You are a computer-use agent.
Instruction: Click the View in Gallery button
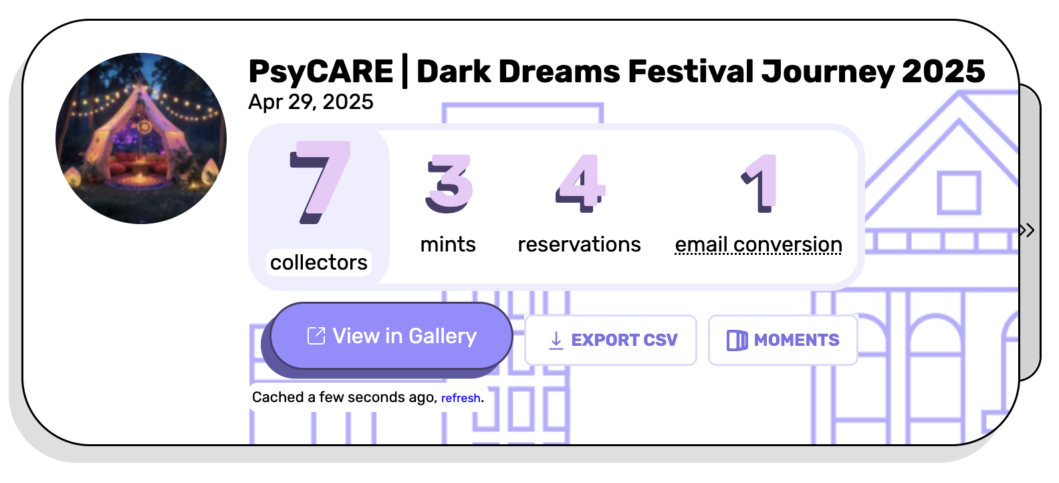click(392, 336)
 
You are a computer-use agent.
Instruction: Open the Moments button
click(783, 340)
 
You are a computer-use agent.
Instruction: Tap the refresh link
click(461, 398)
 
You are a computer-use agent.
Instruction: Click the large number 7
click(320, 182)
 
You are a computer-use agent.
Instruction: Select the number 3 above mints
click(449, 183)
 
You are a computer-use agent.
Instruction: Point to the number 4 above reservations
click(580, 183)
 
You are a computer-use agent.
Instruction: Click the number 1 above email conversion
click(759, 183)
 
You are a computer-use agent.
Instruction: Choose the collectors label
click(319, 262)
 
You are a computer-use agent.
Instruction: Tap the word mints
click(448, 244)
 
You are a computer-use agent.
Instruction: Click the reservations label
click(579, 244)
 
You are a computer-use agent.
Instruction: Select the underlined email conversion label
click(758, 245)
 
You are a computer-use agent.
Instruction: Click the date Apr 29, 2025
click(311, 102)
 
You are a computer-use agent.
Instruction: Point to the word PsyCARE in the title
click(320, 72)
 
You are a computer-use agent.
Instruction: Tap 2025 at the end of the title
click(943, 71)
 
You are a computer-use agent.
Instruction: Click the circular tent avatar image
click(141, 138)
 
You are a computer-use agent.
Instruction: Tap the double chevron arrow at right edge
click(1028, 230)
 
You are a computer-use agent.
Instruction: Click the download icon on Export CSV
click(556, 341)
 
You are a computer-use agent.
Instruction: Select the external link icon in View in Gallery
click(316, 336)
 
